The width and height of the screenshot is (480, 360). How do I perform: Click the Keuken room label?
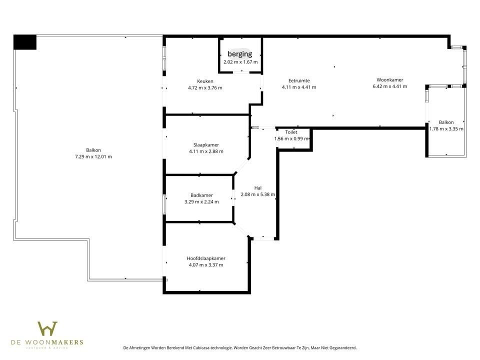(x=205, y=81)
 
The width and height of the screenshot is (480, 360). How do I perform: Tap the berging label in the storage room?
(x=240, y=54)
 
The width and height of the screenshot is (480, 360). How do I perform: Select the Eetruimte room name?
(x=299, y=80)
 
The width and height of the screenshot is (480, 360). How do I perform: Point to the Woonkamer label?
(x=390, y=79)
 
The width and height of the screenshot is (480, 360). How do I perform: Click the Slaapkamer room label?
(x=206, y=145)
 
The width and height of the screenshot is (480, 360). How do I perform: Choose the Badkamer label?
(x=201, y=195)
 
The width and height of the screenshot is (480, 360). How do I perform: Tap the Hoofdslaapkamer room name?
(x=205, y=258)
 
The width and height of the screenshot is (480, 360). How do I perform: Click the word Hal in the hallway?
(x=258, y=188)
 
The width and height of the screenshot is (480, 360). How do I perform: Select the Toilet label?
(x=291, y=132)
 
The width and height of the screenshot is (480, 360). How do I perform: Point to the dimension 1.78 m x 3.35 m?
(x=446, y=128)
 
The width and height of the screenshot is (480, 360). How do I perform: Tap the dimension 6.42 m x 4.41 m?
(x=390, y=86)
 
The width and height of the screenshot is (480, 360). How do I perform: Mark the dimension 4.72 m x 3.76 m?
(x=205, y=87)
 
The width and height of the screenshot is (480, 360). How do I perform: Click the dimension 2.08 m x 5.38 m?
(x=258, y=194)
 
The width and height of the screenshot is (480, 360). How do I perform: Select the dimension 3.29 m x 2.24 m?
(x=201, y=202)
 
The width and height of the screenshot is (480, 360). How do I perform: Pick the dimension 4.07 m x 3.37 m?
(x=205, y=265)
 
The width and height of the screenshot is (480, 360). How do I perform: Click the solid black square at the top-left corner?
(x=25, y=42)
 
